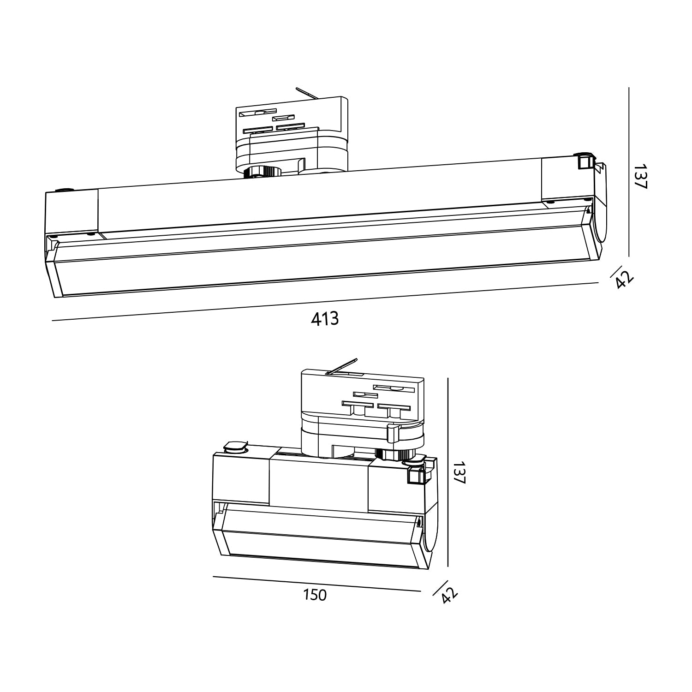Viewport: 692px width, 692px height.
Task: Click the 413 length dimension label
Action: click(x=325, y=319)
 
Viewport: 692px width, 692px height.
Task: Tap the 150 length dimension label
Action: click(x=315, y=595)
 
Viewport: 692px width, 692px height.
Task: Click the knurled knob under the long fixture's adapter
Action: click(x=262, y=172)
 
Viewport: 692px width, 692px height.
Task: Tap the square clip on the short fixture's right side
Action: click(x=416, y=475)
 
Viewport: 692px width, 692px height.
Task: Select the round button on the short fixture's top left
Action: click(x=235, y=446)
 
